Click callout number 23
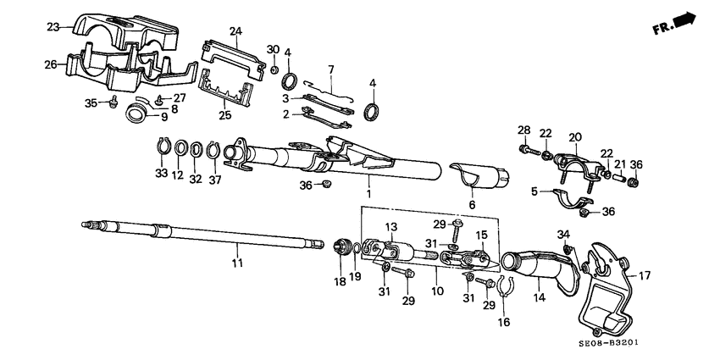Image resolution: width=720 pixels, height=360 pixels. coord(53,27)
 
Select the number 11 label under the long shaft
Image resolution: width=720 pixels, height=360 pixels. coord(238,263)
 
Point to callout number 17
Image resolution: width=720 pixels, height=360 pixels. coord(645,274)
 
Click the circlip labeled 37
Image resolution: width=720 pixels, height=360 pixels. coord(213,151)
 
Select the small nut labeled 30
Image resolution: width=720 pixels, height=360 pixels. coord(274,68)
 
